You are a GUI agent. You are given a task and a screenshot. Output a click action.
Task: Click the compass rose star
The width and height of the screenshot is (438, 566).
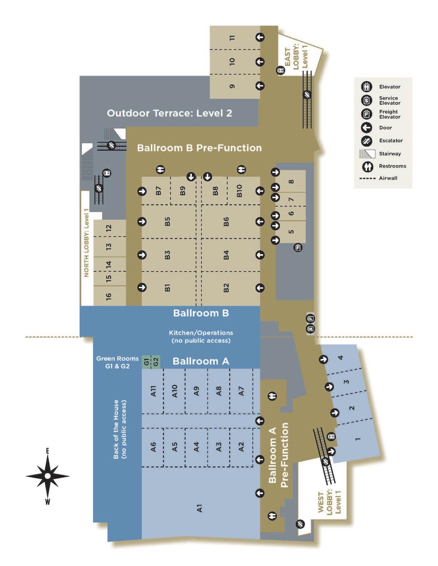coord(48,476)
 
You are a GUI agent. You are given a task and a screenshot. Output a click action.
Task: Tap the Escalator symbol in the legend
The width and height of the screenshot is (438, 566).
coord(367,141)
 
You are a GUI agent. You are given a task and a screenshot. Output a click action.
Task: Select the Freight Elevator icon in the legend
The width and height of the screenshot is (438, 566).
coord(367,114)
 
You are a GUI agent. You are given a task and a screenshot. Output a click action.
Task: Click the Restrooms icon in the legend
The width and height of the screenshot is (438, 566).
coord(368,166)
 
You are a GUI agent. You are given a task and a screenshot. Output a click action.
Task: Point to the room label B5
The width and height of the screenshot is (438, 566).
coord(167,221)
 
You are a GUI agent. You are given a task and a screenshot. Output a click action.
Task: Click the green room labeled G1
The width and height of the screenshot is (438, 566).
coord(146,362)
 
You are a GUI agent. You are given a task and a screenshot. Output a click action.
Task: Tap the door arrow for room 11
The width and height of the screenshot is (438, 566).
coord(259,37)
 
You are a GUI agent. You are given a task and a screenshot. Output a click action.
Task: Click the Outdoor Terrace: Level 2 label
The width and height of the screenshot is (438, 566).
coord(169,113)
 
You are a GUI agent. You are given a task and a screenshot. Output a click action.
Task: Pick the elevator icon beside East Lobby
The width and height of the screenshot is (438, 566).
coord(281,70)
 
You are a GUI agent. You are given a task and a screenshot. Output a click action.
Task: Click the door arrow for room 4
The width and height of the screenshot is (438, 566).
coord(324,359)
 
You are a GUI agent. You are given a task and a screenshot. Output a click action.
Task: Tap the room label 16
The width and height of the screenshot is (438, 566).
coord(109,296)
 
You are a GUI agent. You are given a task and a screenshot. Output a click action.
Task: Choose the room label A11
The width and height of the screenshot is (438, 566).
coord(154,391)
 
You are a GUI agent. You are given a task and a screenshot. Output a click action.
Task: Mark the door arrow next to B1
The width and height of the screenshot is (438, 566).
coord(142,287)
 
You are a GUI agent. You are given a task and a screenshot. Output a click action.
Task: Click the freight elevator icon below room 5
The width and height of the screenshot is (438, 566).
coord(299,247)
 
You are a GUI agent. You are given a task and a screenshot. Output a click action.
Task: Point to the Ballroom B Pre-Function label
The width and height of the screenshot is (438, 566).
coord(199,148)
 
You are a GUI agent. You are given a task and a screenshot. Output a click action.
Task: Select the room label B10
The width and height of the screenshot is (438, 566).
coord(239,191)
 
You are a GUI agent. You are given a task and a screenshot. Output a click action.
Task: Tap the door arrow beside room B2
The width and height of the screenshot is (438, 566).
coord(259,288)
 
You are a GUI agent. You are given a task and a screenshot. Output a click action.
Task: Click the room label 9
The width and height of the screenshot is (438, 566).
coord(232,86)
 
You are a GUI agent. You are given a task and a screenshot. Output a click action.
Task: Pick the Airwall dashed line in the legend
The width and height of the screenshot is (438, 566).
coord(367,179)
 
